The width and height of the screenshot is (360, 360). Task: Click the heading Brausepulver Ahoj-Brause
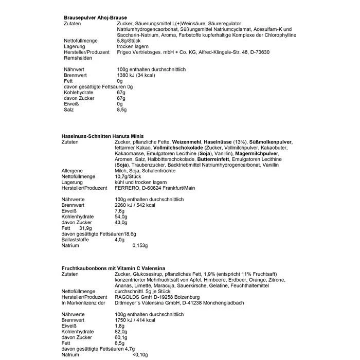(x=94, y=17)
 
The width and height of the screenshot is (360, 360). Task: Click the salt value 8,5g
(x=122, y=110)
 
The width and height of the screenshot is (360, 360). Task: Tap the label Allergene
(x=72, y=171)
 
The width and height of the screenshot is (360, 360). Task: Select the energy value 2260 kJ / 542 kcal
(x=141, y=205)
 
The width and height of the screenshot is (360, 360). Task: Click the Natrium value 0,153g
(x=140, y=245)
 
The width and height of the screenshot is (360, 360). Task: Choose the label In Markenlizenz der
(x=83, y=303)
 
